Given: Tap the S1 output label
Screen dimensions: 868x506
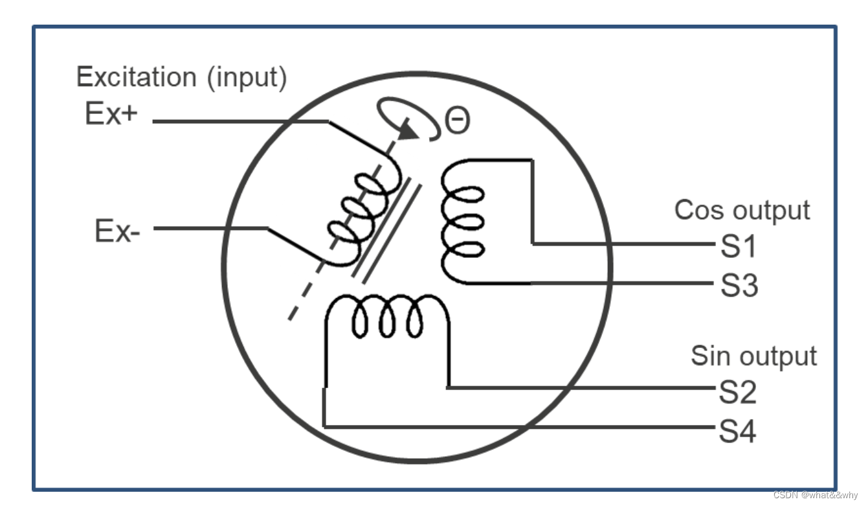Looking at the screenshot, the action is point(738,247).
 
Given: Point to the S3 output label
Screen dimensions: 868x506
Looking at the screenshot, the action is point(738,285).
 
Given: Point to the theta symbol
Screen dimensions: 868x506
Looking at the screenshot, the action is point(457,121).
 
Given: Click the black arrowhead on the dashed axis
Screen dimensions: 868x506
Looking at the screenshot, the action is point(406,129).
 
